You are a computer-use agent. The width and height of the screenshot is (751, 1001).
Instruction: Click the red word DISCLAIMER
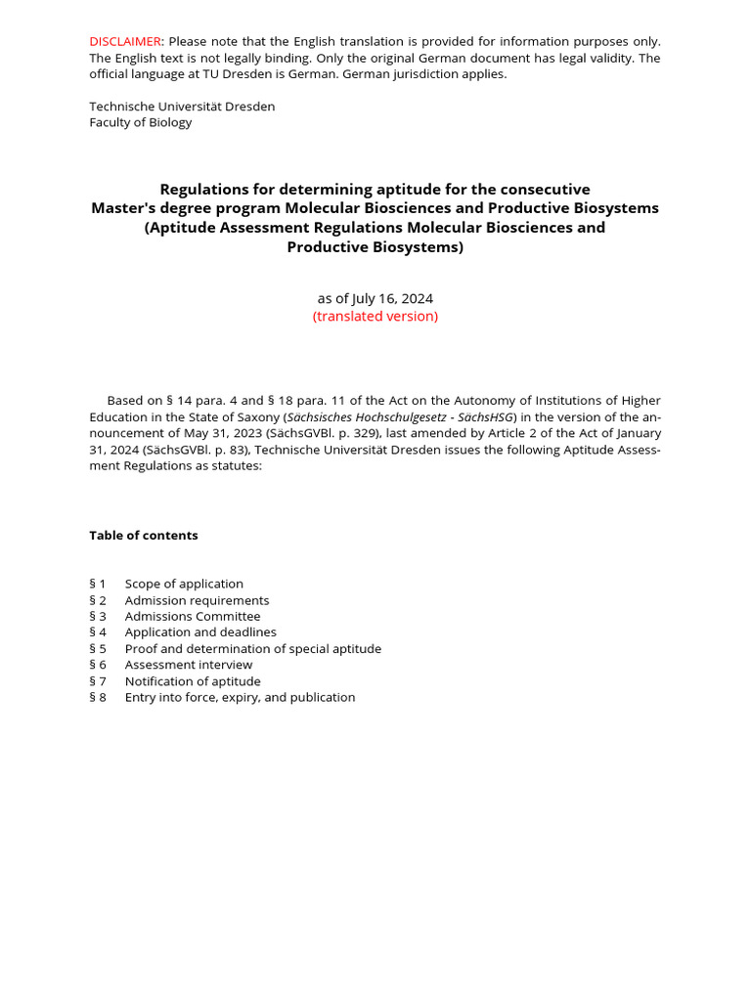pyautogui.click(x=125, y=41)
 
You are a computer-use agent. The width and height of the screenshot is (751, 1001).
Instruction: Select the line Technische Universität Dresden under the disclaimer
pyautogui.click(x=182, y=106)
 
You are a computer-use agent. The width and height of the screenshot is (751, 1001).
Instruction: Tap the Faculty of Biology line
pyautogui.click(x=141, y=122)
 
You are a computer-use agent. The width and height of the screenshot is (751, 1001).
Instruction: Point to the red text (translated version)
pyautogui.click(x=375, y=316)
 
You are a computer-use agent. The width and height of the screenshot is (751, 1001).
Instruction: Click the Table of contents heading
pyautogui.click(x=144, y=535)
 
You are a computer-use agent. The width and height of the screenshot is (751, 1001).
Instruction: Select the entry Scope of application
pyautogui.click(x=184, y=584)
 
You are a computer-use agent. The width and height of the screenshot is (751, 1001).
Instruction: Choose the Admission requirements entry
pyautogui.click(x=197, y=600)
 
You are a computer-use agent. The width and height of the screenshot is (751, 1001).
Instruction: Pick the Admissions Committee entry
pyautogui.click(x=193, y=616)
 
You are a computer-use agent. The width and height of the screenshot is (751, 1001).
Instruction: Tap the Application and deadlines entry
pyautogui.click(x=200, y=632)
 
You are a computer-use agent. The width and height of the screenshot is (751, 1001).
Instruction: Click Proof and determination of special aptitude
pyautogui.click(x=253, y=648)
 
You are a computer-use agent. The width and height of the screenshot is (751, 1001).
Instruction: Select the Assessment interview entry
pyautogui.click(x=189, y=665)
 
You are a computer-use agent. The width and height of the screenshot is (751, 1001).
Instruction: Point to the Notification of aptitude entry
pyautogui.click(x=193, y=681)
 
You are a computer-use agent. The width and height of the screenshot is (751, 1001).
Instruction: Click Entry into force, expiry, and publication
pyautogui.click(x=240, y=697)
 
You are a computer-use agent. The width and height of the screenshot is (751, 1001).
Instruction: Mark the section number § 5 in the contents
pyautogui.click(x=98, y=648)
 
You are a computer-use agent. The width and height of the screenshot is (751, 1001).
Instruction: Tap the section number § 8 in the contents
pyautogui.click(x=98, y=697)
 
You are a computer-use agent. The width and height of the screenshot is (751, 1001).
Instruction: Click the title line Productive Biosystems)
pyautogui.click(x=375, y=247)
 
